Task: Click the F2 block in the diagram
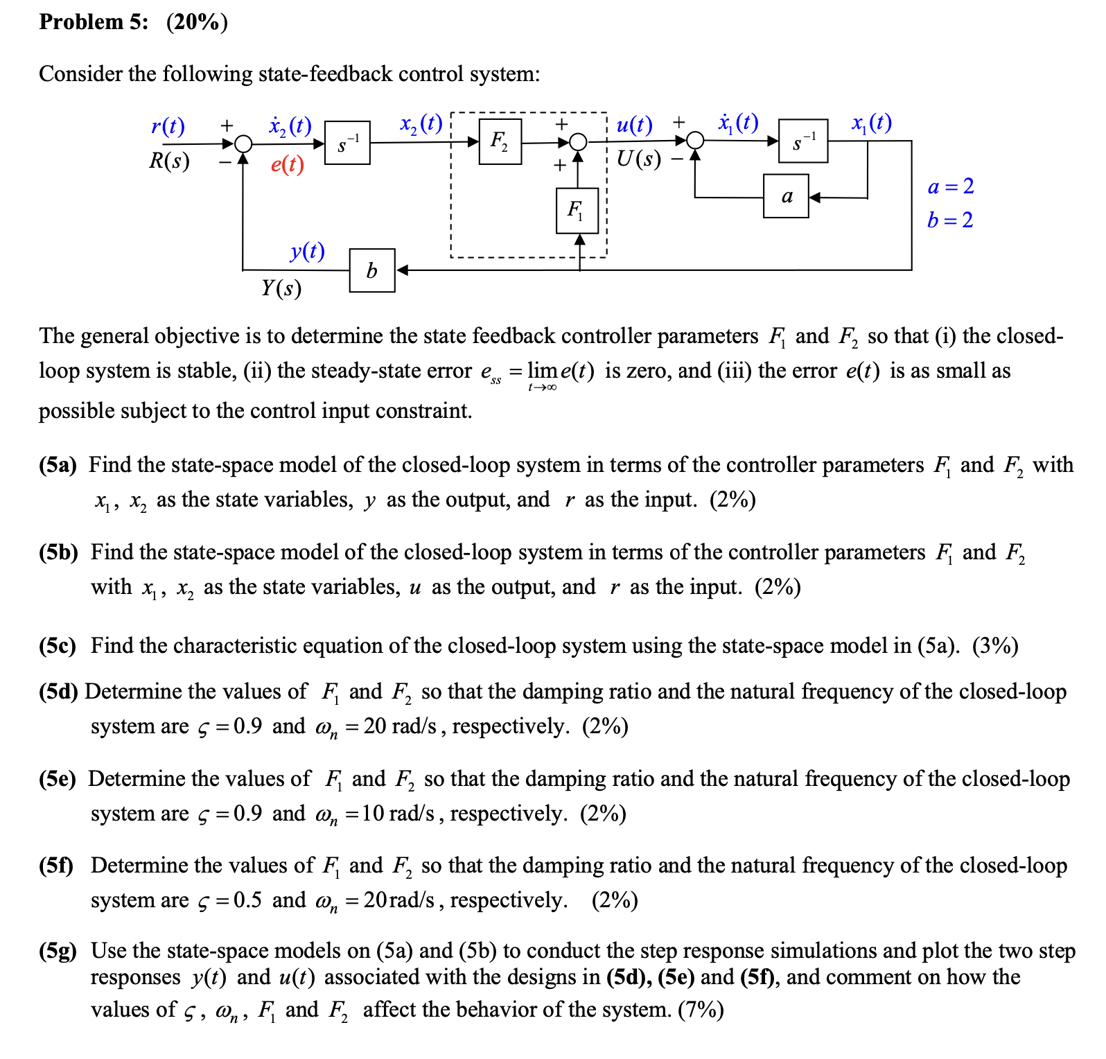[x=500, y=141]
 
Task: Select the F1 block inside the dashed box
[x=577, y=210]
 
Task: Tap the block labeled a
[x=786, y=196]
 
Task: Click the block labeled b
[x=372, y=270]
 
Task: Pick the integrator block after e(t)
[x=347, y=143]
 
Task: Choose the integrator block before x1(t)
[x=803, y=141]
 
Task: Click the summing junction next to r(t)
[x=243, y=144]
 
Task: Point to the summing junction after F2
[x=579, y=143]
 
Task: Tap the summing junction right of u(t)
[x=695, y=141]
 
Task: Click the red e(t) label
[x=288, y=164]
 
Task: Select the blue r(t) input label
[x=168, y=126]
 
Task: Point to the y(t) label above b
[x=308, y=250]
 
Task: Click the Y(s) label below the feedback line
[x=281, y=287]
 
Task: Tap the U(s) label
[x=638, y=159]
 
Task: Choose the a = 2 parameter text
[x=951, y=186]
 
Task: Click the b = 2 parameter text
[x=950, y=220]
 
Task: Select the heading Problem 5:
[x=94, y=22]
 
